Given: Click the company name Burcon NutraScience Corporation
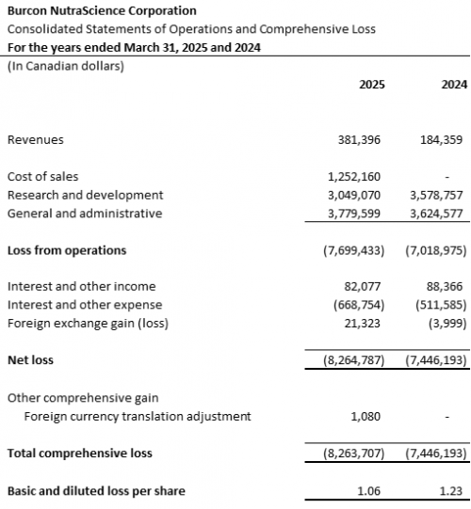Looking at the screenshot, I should (x=102, y=11).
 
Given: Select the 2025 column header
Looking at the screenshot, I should (x=372, y=85).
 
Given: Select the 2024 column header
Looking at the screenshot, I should (x=454, y=85).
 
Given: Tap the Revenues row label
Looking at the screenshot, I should (x=35, y=139).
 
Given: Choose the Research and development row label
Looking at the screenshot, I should (x=85, y=195).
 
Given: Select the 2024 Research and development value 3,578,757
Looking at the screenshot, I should (x=438, y=195).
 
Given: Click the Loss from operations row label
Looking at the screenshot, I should (x=66, y=250).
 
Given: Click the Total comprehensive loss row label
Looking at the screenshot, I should (x=79, y=453).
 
